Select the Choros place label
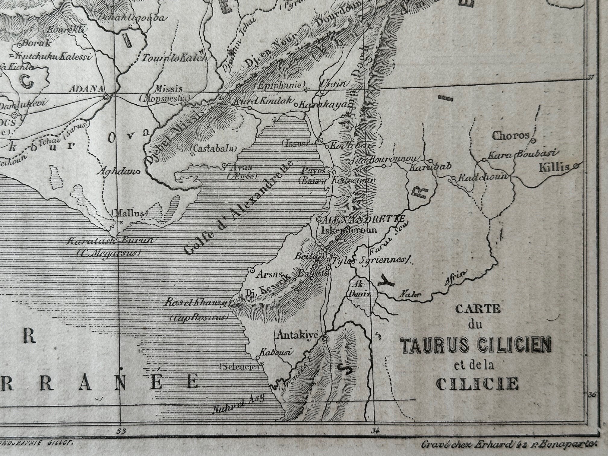(x=510, y=136)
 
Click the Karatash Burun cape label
(x=111, y=241)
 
